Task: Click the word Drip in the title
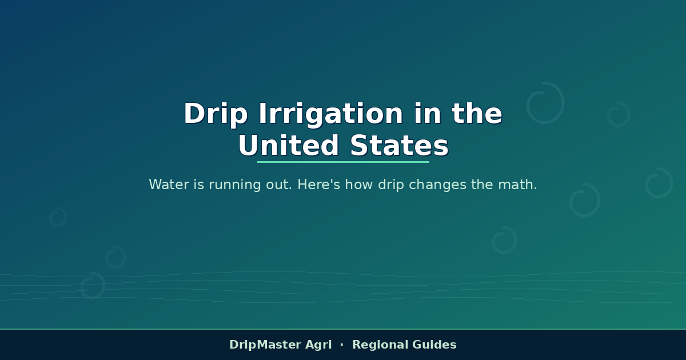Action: pyautogui.click(x=216, y=114)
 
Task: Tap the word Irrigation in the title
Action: pyautogui.click(x=331, y=114)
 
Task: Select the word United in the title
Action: pyautogui.click(x=289, y=146)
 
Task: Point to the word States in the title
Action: pyautogui.click(x=400, y=146)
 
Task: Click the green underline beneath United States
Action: pyautogui.click(x=343, y=162)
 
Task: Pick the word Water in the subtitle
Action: pyautogui.click(x=169, y=185)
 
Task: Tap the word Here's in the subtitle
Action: pyautogui.click(x=319, y=185)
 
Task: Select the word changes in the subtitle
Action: pyautogui.click(x=438, y=185)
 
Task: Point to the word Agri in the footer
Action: pyautogui.click(x=318, y=345)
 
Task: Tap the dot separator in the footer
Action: pyautogui.click(x=342, y=345)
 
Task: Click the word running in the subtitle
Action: pyautogui.click(x=234, y=185)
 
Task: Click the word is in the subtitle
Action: pyautogui.click(x=199, y=185)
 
